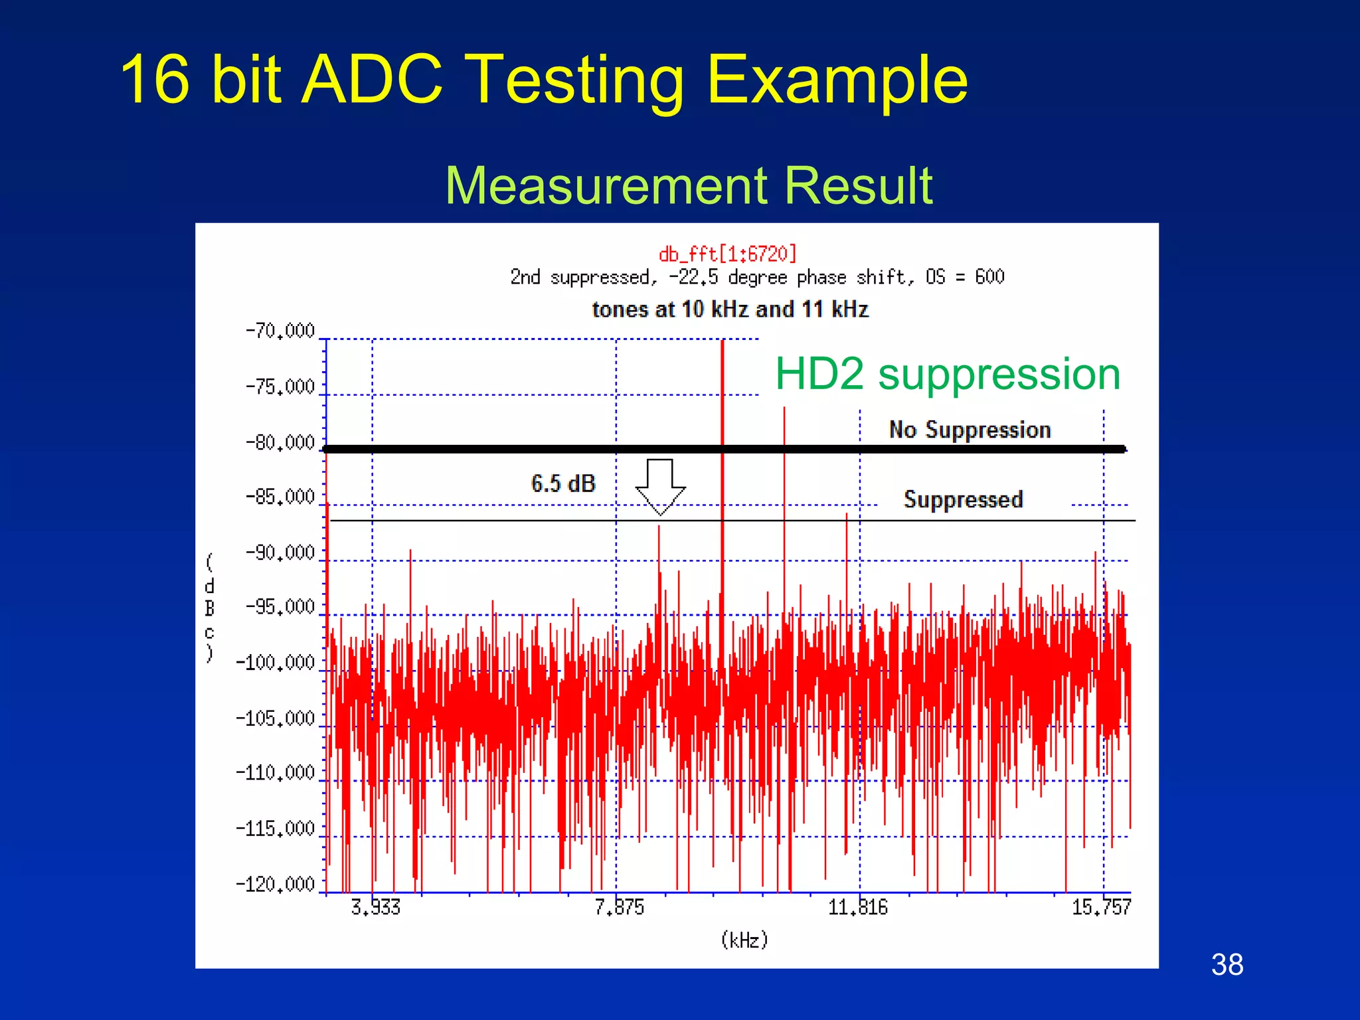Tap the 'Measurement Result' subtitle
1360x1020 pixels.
click(x=689, y=186)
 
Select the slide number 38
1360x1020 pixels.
click(x=1227, y=964)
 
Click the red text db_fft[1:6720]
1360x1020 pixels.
click(x=727, y=254)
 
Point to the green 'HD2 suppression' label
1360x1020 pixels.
click(x=948, y=374)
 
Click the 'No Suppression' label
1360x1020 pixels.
click(x=970, y=430)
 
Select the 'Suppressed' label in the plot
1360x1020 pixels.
click(x=963, y=499)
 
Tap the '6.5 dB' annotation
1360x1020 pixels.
click(x=563, y=483)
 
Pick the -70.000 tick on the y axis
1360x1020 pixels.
click(x=280, y=331)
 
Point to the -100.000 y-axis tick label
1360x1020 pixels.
click(x=275, y=663)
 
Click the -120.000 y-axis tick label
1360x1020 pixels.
click(x=275, y=884)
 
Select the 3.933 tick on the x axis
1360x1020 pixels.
click(x=375, y=907)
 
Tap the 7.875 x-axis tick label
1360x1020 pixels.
click(x=619, y=907)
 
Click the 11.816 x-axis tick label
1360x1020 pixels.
click(x=857, y=907)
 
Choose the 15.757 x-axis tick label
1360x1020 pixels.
click(x=1101, y=907)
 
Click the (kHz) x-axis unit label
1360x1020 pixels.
click(x=744, y=940)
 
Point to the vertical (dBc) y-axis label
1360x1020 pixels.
click(x=210, y=608)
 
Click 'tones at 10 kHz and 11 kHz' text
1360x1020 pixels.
click(x=730, y=309)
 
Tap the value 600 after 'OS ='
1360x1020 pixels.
click(x=989, y=277)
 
